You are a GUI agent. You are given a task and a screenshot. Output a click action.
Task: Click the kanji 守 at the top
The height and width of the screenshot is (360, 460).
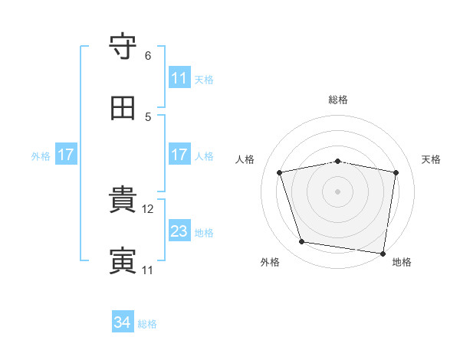point(123,46)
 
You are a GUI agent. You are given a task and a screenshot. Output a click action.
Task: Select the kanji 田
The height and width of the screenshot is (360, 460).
point(123,108)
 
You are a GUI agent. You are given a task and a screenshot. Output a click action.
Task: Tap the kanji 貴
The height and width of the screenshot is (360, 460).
point(123,199)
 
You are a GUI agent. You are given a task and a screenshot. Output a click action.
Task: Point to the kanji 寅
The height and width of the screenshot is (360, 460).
point(123,260)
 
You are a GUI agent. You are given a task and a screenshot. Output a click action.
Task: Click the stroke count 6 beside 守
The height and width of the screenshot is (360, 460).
point(148,56)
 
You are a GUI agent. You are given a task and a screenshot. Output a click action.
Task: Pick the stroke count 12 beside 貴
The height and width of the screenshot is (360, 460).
point(147,209)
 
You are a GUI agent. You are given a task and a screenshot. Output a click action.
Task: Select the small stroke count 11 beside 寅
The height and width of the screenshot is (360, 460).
point(147,270)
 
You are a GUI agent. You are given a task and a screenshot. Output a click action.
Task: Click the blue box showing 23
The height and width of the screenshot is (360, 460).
point(179,231)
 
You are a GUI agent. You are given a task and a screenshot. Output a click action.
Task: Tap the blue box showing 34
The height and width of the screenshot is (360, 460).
point(123,321)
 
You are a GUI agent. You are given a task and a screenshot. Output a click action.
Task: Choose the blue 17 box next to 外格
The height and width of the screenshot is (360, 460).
point(66,154)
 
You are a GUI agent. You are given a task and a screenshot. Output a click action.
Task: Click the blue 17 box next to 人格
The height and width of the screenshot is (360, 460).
point(179,154)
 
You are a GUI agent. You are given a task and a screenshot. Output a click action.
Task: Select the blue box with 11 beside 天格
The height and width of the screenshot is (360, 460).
point(179,77)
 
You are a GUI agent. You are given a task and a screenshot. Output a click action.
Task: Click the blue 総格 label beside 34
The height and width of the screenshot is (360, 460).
point(147,324)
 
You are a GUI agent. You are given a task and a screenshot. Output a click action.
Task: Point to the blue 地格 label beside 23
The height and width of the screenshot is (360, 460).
point(204,233)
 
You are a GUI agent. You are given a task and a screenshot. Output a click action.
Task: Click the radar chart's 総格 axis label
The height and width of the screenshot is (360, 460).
point(338,100)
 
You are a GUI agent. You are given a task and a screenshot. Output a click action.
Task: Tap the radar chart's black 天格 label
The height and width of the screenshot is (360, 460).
point(431,159)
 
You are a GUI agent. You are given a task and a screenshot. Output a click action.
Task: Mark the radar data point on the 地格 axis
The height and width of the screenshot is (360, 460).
point(383,254)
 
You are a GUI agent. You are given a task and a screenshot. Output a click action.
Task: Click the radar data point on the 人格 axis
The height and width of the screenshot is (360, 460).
point(280,172)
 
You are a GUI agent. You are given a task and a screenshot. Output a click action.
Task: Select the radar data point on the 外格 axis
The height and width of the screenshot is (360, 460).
point(301,242)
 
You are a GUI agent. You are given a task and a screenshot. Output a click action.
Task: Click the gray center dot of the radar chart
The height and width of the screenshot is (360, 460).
point(337,191)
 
